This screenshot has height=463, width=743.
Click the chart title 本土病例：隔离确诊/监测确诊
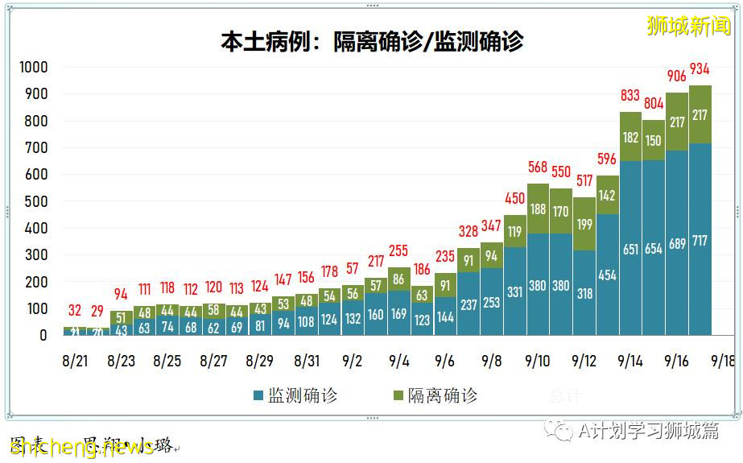click(x=372, y=42)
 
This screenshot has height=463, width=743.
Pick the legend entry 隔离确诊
click(x=435, y=395)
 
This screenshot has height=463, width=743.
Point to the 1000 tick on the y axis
click(x=34, y=67)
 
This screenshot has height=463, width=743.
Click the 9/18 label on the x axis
click(x=722, y=361)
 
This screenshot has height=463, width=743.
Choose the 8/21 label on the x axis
click(x=75, y=361)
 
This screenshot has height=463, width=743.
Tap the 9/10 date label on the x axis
click(x=537, y=361)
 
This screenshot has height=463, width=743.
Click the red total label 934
click(x=700, y=68)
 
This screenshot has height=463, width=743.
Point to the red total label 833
click(x=630, y=96)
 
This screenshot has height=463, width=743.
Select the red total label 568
click(x=538, y=167)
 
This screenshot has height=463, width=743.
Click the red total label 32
click(x=75, y=310)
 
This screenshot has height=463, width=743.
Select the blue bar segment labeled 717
click(x=700, y=242)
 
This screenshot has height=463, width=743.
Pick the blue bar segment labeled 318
click(x=584, y=293)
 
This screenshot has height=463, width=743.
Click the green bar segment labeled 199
click(x=584, y=224)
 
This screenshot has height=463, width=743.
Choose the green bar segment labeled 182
click(x=630, y=137)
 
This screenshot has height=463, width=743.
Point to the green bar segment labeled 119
click(x=515, y=231)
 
